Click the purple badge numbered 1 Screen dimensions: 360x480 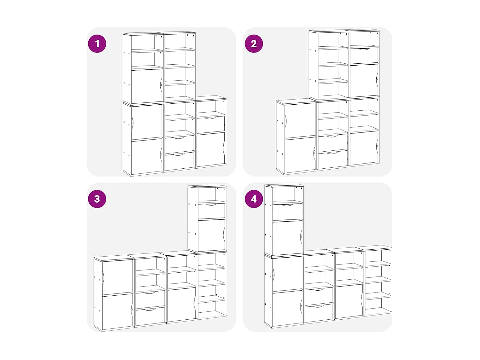pyautogui.click(x=97, y=44)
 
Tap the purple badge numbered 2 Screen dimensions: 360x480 pyautogui.click(x=254, y=44)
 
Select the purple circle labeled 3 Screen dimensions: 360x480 pyautogui.click(x=97, y=199)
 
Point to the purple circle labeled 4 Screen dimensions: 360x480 pyautogui.click(x=254, y=199)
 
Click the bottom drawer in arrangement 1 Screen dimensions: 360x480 pyautogui.click(x=180, y=161)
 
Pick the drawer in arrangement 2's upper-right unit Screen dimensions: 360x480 pyautogui.click(x=364, y=56)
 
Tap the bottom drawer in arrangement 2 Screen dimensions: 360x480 pyautogui.click(x=332, y=159)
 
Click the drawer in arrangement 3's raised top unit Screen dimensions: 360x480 pyautogui.click(x=211, y=211)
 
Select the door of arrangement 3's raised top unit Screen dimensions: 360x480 pyautogui.click(x=211, y=235)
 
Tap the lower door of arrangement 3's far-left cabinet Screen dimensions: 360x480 pyautogui.click(x=117, y=311)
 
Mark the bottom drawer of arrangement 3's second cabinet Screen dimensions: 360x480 pyautogui.click(x=150, y=316)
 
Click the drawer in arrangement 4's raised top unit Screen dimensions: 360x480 pyautogui.click(x=287, y=212)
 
